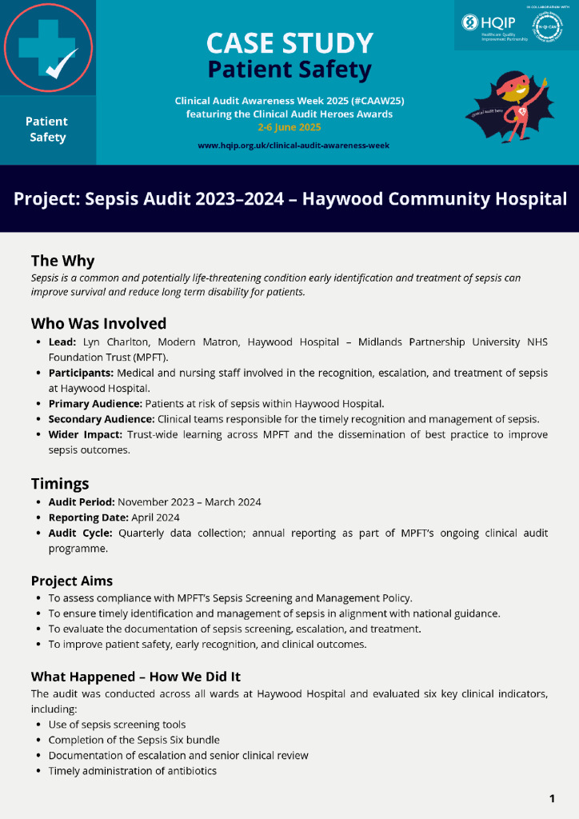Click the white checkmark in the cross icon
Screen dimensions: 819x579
[62, 64]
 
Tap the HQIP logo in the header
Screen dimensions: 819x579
[489, 24]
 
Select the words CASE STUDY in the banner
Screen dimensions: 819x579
[289, 43]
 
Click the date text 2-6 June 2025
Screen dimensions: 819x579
[289, 127]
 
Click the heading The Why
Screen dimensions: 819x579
[62, 261]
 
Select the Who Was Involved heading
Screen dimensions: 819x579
[98, 323]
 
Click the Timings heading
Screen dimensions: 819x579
[60, 483]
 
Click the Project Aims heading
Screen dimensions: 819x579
[73, 580]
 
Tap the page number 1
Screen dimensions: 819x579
[552, 798]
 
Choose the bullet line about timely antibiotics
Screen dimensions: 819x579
[132, 771]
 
